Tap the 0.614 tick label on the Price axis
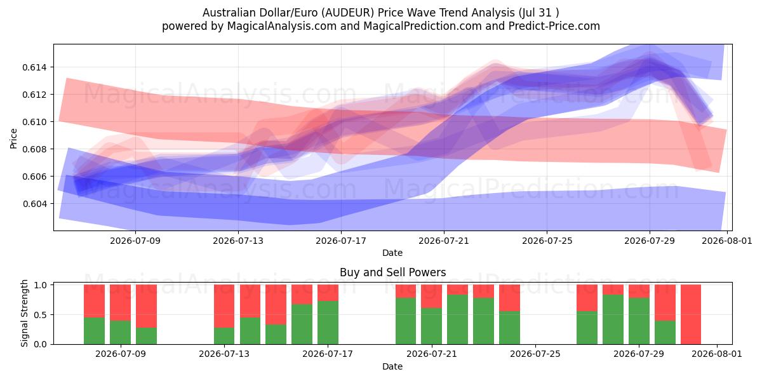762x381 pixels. point(34,67)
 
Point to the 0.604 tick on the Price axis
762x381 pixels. point(34,204)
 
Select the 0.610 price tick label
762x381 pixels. point(34,122)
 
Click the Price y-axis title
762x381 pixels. point(13,138)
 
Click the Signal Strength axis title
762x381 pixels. point(24,313)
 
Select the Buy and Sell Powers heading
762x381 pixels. point(392,272)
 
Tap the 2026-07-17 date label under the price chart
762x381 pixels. point(341,241)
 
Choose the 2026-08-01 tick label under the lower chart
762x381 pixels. point(717,354)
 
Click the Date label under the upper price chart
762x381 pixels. point(392,253)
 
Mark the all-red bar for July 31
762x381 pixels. point(691,314)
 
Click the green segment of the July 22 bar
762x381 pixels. point(458,319)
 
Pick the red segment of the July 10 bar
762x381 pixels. point(146,306)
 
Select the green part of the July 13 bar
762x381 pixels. point(224,336)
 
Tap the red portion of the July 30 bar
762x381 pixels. point(665,303)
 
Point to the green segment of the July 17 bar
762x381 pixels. point(328,323)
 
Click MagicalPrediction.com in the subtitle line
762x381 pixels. point(422,27)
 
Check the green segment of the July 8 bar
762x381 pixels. point(94,331)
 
